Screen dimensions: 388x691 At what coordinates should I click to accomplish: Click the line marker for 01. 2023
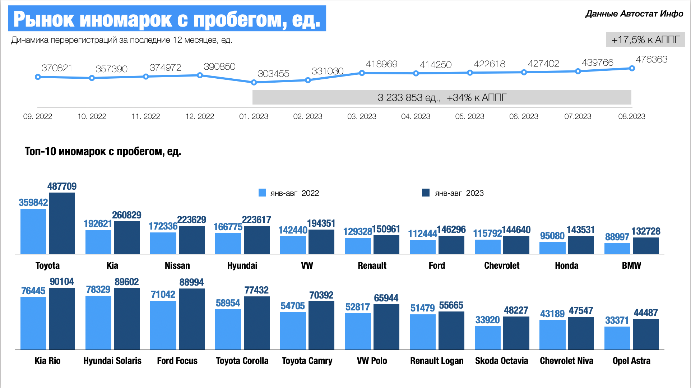254,82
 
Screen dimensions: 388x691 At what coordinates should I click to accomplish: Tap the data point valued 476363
632,68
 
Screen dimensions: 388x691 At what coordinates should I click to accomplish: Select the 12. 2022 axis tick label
200,116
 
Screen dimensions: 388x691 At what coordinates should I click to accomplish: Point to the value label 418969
381,64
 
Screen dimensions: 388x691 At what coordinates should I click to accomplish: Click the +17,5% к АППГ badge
645,40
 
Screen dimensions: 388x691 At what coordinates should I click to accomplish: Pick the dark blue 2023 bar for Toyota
62,223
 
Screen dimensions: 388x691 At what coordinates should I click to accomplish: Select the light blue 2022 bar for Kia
98,242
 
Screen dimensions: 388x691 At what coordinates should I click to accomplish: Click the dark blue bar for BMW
646,246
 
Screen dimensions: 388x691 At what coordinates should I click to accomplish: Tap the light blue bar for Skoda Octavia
487,338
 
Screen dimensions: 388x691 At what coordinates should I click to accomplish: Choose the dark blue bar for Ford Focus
192,319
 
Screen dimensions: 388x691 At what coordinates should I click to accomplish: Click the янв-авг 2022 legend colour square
262,193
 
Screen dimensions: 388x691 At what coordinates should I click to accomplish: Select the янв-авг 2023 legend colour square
426,193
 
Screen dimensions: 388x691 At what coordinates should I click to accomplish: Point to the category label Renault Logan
437,361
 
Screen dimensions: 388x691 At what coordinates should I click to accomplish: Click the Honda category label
566,265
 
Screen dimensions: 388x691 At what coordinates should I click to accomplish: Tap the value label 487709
62,186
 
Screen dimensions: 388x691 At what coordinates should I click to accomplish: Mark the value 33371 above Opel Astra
617,320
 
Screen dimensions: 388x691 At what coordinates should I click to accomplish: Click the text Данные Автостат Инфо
634,14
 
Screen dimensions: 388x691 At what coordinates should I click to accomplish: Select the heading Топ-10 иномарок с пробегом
103,151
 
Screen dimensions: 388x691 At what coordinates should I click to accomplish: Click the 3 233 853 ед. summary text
409,97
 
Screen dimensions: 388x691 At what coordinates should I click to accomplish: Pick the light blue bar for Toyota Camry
293,331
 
